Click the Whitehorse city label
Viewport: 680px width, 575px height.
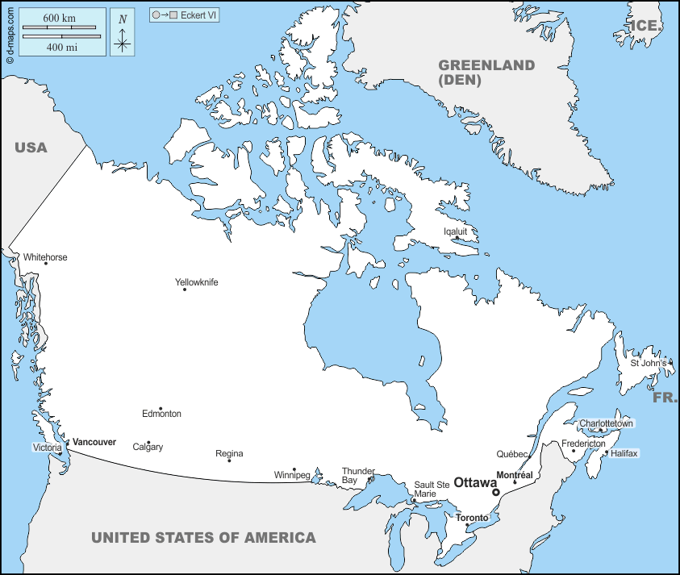coord(45,257)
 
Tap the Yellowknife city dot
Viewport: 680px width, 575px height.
coord(185,290)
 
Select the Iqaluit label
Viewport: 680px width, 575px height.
coord(456,231)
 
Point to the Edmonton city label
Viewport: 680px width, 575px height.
coord(161,414)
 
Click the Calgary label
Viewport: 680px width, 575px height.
coord(148,447)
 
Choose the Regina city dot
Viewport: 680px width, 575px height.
coord(229,460)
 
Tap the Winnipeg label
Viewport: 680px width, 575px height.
coord(292,475)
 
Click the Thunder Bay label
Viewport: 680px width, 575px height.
coord(358,475)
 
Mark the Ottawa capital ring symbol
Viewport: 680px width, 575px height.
coord(496,492)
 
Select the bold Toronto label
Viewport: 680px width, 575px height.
coord(472,518)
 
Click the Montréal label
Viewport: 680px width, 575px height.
coord(515,475)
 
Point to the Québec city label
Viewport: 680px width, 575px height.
coord(512,454)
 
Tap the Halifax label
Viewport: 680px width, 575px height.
coord(624,453)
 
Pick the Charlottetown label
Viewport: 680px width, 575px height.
coord(607,423)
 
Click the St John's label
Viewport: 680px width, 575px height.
coord(649,363)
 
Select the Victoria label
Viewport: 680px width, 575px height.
coord(47,448)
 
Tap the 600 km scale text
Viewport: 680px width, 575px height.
coord(61,18)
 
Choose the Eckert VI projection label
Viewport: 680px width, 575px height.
coord(199,15)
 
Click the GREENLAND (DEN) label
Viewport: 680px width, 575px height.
coord(486,73)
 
